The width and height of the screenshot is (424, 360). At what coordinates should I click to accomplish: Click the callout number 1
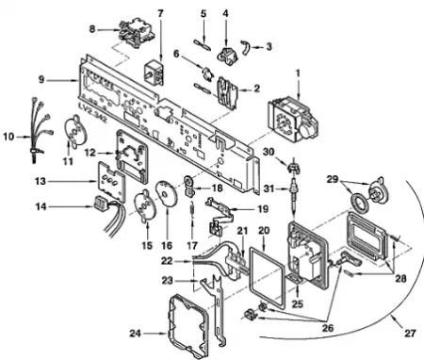(298, 74)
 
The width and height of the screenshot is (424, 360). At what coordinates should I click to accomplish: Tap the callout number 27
(410, 333)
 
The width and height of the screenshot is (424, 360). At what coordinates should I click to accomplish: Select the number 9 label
(41, 80)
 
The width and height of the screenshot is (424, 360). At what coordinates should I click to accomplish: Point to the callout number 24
(136, 333)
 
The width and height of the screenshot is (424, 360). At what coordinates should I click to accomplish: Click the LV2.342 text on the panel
(93, 114)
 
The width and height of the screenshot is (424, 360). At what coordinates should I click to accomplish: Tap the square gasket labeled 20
(267, 277)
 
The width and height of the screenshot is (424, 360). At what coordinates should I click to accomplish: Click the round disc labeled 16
(167, 193)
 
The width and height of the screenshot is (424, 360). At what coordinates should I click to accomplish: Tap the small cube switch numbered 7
(155, 72)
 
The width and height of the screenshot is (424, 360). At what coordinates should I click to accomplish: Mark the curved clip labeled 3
(245, 47)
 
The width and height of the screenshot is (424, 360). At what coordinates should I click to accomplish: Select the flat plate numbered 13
(112, 182)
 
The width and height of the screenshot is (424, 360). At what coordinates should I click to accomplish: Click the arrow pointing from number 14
(71, 206)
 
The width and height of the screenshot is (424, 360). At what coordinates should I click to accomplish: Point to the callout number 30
(269, 152)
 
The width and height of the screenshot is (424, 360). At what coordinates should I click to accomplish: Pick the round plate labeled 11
(76, 130)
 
